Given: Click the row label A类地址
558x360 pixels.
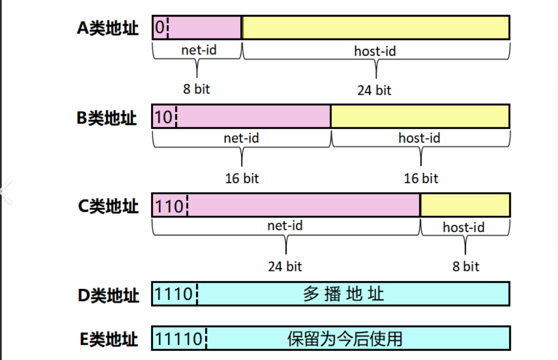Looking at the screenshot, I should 108,28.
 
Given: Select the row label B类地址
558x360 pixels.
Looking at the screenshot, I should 107,118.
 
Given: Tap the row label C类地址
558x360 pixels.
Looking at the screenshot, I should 108,206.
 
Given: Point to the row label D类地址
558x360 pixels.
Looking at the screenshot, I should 108,295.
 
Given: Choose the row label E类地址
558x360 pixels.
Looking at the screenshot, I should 108,339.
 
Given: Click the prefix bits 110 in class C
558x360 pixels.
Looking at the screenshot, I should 169,206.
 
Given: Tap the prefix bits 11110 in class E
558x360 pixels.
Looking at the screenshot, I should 179,339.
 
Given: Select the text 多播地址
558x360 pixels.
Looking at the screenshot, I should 344,294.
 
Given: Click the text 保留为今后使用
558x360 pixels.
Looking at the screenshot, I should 345,339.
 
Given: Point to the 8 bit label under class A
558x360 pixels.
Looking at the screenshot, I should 196,89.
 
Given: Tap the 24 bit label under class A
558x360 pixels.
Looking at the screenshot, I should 374,90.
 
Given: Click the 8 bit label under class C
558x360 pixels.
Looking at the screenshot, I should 465,266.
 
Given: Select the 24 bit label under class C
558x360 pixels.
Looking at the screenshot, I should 285,266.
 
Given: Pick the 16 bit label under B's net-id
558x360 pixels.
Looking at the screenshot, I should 242,178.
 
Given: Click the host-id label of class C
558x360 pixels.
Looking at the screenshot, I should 464,227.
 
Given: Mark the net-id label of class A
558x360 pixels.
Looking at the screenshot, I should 199,50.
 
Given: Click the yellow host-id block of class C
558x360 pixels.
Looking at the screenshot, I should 465,205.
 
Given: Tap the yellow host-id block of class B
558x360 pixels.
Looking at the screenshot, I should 420,117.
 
